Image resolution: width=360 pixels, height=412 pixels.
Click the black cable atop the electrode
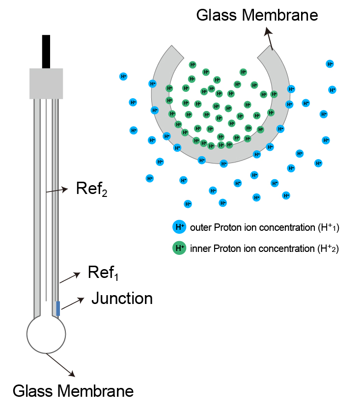(x=46, y=51)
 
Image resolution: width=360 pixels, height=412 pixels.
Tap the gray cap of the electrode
(x=46, y=83)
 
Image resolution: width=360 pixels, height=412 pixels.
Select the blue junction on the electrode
(x=58, y=308)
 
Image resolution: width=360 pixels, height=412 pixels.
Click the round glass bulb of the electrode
(x=46, y=334)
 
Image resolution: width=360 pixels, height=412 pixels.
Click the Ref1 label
(x=103, y=273)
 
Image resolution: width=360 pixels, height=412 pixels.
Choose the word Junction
(x=122, y=298)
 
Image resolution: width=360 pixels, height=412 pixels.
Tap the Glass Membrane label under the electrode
(x=73, y=391)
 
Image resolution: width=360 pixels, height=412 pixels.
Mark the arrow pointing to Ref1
(x=70, y=277)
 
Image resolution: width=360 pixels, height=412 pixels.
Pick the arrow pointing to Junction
(x=72, y=303)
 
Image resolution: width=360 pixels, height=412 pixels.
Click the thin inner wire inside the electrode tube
(x=46, y=196)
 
